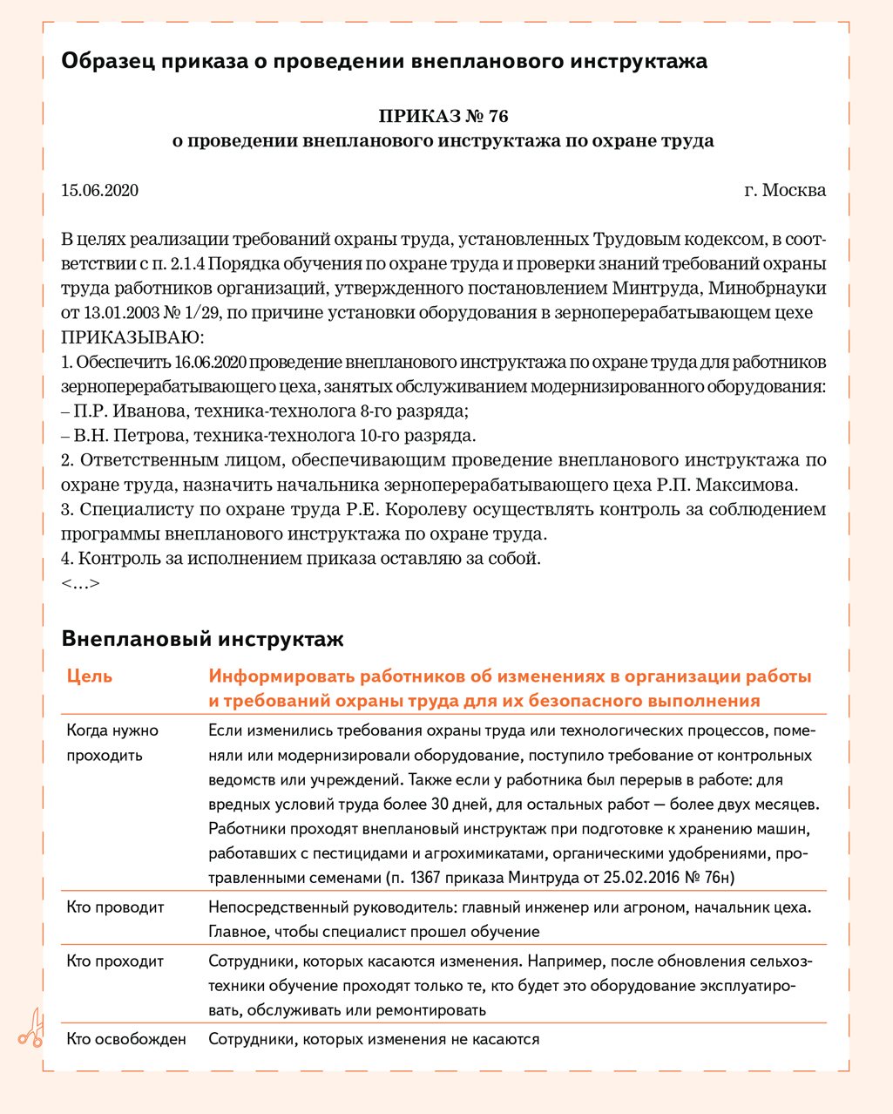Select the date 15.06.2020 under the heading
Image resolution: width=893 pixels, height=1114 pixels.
point(99,190)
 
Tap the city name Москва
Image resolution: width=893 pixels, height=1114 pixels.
point(794,190)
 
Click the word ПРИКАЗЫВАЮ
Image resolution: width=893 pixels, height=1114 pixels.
point(132,337)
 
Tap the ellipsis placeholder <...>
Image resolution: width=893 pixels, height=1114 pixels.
point(80,583)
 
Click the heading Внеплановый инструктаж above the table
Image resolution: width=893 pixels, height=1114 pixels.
point(203,639)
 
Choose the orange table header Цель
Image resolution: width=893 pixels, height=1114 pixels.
point(89,676)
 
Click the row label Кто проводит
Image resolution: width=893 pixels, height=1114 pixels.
point(115,907)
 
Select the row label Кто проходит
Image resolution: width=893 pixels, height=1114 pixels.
point(115,961)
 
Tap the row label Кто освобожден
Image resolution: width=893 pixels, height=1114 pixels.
point(126,1039)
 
